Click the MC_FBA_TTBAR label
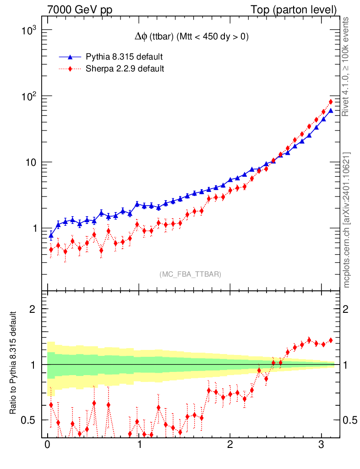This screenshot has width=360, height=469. (x=191, y=274)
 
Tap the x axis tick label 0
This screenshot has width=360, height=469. (x=47, y=445)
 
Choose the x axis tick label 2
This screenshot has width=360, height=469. (x=230, y=445)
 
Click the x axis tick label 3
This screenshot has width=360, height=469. (x=322, y=445)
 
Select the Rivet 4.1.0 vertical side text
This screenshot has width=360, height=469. (x=346, y=67)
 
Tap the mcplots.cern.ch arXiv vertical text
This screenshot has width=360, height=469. (x=346, y=220)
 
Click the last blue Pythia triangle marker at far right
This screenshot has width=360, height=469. (x=331, y=110)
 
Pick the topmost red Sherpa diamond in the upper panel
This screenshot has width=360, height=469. (x=331, y=102)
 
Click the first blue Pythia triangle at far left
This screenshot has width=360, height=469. (x=51, y=235)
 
